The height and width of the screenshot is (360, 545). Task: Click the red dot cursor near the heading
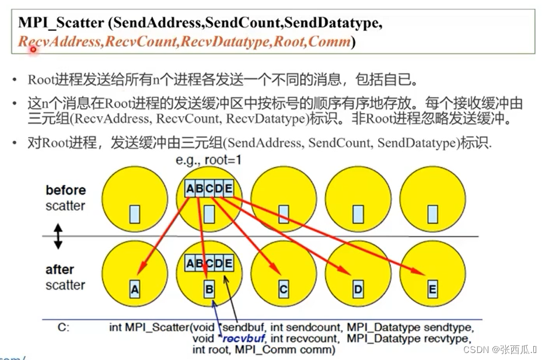pyautogui.click(x=34, y=50)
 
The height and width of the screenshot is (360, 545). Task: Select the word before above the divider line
pyautogui.click(x=65, y=190)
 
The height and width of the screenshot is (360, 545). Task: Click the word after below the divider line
pyautogui.click(x=60, y=270)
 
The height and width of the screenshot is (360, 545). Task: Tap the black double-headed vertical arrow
pyautogui.click(x=58, y=236)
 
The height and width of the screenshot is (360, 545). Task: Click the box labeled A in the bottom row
pyautogui.click(x=135, y=289)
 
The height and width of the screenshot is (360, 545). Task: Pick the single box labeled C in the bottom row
pyautogui.click(x=284, y=289)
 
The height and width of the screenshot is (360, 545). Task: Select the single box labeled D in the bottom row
pyautogui.click(x=358, y=289)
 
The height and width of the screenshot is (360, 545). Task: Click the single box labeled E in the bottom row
pyautogui.click(x=432, y=289)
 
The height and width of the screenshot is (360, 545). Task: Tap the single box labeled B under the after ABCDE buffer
pyautogui.click(x=209, y=289)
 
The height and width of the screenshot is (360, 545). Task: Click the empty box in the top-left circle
pyautogui.click(x=135, y=214)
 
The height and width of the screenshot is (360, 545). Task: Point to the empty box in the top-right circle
pyautogui.click(x=432, y=214)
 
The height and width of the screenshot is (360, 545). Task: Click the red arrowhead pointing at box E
pyautogui.click(x=421, y=273)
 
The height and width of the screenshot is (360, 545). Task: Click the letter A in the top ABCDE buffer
pyautogui.click(x=190, y=188)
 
